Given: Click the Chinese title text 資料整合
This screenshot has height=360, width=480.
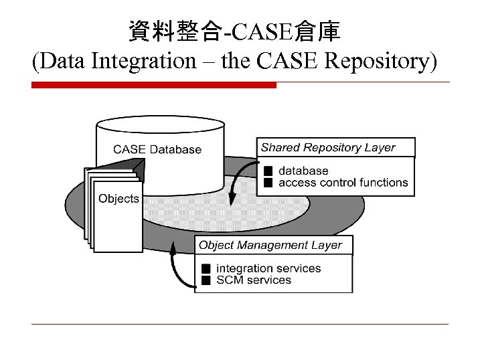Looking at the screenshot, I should tap(176, 30).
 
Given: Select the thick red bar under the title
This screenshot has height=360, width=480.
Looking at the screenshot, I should tap(154, 85).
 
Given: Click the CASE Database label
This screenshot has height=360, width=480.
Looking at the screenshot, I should tap(157, 149).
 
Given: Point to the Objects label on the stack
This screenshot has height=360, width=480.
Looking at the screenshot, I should tap(118, 198).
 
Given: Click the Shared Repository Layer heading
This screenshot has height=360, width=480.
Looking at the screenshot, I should tap(328, 147).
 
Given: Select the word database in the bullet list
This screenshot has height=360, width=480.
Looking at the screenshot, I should tap(303, 171).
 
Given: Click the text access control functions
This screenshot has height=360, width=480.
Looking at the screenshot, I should tap(343, 182).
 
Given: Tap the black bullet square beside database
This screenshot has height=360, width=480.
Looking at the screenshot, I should tap(268, 171).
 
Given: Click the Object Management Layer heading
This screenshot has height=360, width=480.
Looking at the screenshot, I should tap(270, 245).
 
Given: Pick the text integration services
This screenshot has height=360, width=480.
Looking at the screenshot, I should tap(268, 268).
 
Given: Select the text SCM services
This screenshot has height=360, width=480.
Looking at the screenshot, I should tap(254, 280).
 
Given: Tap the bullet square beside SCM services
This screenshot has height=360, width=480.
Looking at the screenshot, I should tap(206, 280).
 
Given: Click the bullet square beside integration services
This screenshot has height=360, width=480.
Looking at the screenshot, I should tap(206, 268).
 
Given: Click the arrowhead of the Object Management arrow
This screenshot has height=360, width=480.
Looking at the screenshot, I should tap(173, 248).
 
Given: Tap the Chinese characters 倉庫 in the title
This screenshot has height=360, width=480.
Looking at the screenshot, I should tap(319, 30).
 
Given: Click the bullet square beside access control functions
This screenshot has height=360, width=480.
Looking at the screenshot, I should tap(268, 182).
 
